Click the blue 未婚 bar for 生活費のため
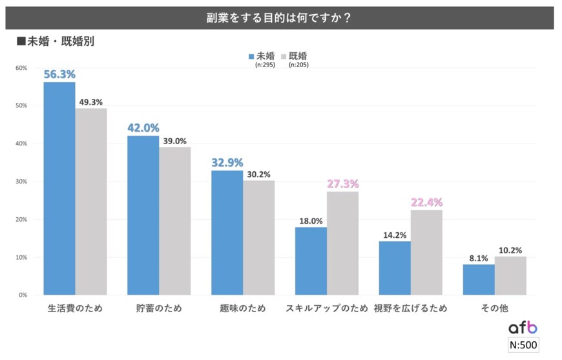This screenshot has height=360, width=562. [59, 188]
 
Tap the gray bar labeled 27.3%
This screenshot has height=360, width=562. [343, 243]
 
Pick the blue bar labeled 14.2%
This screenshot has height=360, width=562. [395, 268]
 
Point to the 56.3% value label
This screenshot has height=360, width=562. [59, 74]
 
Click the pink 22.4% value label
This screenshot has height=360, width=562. [426, 202]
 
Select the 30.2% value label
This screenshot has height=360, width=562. [259, 174]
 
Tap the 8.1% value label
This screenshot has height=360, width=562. [479, 257]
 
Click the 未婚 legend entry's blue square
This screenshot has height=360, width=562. [251, 56]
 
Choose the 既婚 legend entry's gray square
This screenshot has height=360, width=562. [284, 56]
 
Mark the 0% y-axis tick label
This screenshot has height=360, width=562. [23, 295]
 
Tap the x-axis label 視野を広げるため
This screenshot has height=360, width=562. [410, 308]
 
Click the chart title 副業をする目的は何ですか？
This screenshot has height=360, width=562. [279, 18]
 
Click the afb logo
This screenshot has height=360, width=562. [523, 328]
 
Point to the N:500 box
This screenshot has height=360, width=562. [523, 344]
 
